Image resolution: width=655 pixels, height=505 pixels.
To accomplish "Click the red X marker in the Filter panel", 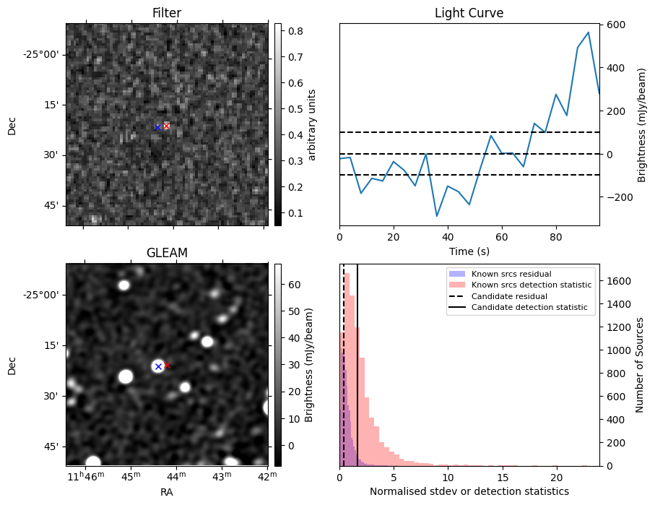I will (166, 126).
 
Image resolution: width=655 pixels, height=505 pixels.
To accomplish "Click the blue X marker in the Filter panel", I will (157, 127).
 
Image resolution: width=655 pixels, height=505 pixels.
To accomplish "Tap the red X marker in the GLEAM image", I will (167, 366).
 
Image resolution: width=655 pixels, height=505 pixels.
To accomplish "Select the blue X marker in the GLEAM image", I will (158, 367).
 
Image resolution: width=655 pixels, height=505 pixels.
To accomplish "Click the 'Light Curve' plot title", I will (469, 14).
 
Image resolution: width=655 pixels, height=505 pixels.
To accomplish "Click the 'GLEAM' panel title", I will (167, 253).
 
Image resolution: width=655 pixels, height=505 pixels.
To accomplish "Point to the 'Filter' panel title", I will (167, 14).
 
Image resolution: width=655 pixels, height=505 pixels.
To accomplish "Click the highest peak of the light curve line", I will (589, 33).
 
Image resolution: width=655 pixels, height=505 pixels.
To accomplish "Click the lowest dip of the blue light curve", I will (437, 216).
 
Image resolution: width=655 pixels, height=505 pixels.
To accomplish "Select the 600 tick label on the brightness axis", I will (615, 25).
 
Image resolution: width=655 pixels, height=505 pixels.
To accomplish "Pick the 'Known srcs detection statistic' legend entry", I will (532, 285).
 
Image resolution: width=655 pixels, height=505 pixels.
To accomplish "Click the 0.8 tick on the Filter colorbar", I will (295, 31).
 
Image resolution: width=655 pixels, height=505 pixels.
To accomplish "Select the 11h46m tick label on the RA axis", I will (85, 476).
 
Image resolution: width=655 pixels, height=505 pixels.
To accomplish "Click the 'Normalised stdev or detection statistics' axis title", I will (469, 491).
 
